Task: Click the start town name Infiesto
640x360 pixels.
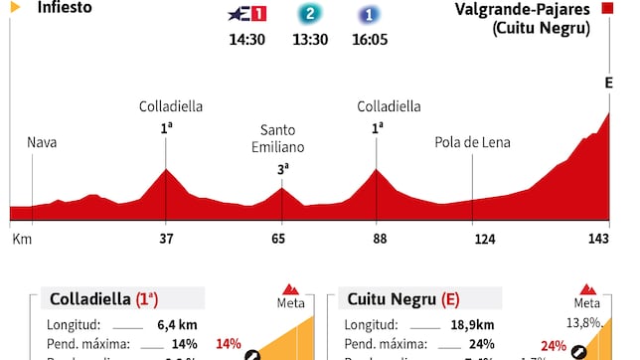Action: [66, 7]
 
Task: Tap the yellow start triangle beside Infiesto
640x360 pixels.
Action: [15, 7]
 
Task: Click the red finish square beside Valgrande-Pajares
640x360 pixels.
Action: [606, 9]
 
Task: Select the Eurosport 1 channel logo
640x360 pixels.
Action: [245, 16]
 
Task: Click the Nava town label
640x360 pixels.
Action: [43, 142]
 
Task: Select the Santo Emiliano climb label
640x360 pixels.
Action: [282, 138]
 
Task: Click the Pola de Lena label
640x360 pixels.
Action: [472, 142]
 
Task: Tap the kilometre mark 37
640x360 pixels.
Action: [166, 239]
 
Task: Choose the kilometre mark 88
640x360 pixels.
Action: [377, 239]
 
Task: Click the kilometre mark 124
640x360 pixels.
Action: [473, 239]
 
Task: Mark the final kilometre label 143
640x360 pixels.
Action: [597, 239]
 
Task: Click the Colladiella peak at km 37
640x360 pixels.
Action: [166, 171]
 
